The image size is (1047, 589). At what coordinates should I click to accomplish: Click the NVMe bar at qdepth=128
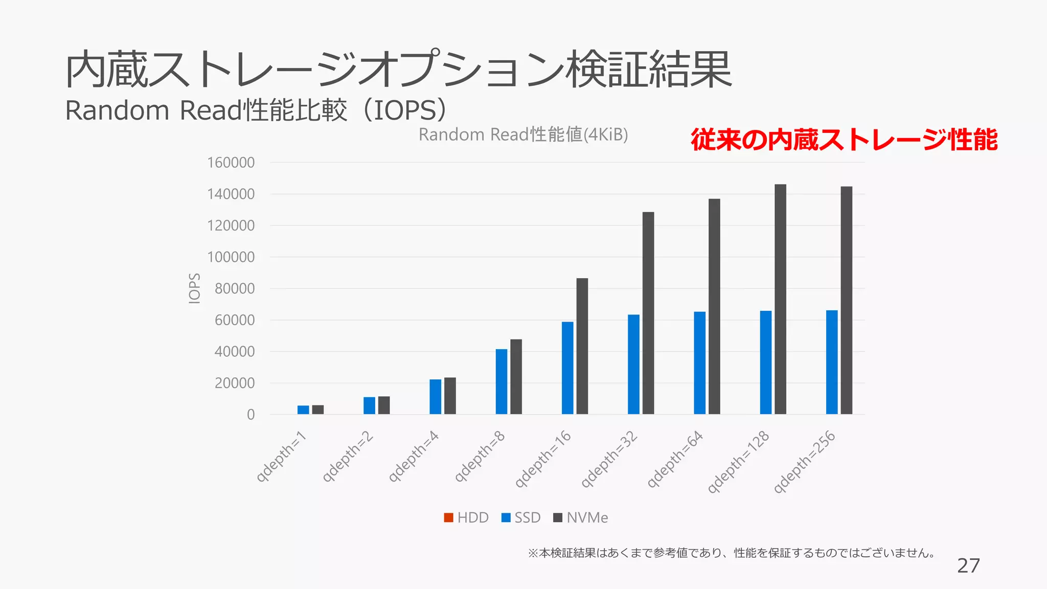click(x=780, y=299)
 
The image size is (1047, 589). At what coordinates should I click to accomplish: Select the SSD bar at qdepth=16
click(x=567, y=368)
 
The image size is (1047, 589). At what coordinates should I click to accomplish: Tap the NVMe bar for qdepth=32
click(x=648, y=313)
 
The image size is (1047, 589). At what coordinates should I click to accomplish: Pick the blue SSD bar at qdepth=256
click(x=832, y=362)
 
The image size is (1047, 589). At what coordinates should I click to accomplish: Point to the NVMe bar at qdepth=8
click(x=516, y=376)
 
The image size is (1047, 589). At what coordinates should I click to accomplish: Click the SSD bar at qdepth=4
click(x=435, y=396)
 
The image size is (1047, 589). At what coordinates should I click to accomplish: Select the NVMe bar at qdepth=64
click(x=714, y=306)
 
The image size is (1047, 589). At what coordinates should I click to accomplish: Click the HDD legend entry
click(x=466, y=517)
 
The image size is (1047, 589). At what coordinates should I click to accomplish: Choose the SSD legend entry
click(x=521, y=517)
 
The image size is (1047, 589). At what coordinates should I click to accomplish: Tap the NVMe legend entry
click(x=581, y=517)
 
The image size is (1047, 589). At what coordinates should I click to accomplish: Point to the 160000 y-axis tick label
click(x=231, y=163)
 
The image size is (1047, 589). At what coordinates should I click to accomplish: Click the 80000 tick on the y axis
click(x=234, y=288)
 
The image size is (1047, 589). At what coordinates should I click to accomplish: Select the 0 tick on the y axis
click(x=251, y=415)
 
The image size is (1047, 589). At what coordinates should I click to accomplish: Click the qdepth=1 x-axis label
click(x=281, y=456)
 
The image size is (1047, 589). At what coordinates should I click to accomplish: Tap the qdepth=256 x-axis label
click(x=804, y=462)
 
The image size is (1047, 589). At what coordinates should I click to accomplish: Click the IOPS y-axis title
click(x=194, y=288)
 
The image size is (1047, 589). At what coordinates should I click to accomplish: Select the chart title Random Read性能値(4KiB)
click(x=523, y=134)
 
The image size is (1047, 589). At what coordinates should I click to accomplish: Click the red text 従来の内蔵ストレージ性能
click(x=844, y=140)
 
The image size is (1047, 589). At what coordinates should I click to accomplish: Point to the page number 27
click(x=968, y=565)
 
